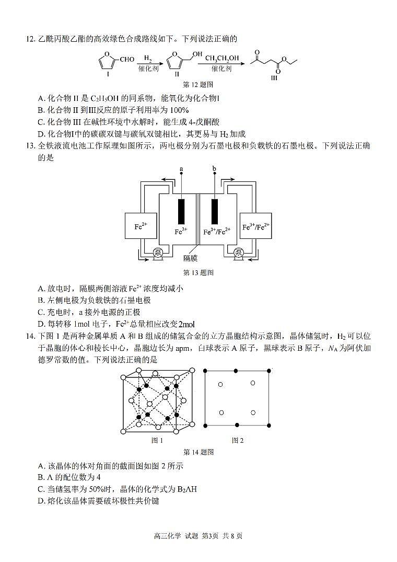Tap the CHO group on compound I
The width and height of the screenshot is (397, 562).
tap(127, 59)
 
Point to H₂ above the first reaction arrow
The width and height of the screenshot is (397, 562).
tap(148, 58)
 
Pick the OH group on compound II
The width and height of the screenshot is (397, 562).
tap(196, 54)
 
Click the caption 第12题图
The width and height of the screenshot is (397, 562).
tap(198, 84)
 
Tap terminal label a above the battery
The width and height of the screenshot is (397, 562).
tap(181, 169)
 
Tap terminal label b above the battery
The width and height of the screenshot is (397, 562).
tap(214, 169)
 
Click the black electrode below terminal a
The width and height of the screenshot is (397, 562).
tap(182, 211)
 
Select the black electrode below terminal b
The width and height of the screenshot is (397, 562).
tap(214, 211)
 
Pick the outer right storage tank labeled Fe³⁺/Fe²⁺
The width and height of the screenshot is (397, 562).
tap(256, 227)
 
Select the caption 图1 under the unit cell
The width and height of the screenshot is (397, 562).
tap(157, 440)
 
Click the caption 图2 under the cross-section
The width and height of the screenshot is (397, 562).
tap(238, 440)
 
